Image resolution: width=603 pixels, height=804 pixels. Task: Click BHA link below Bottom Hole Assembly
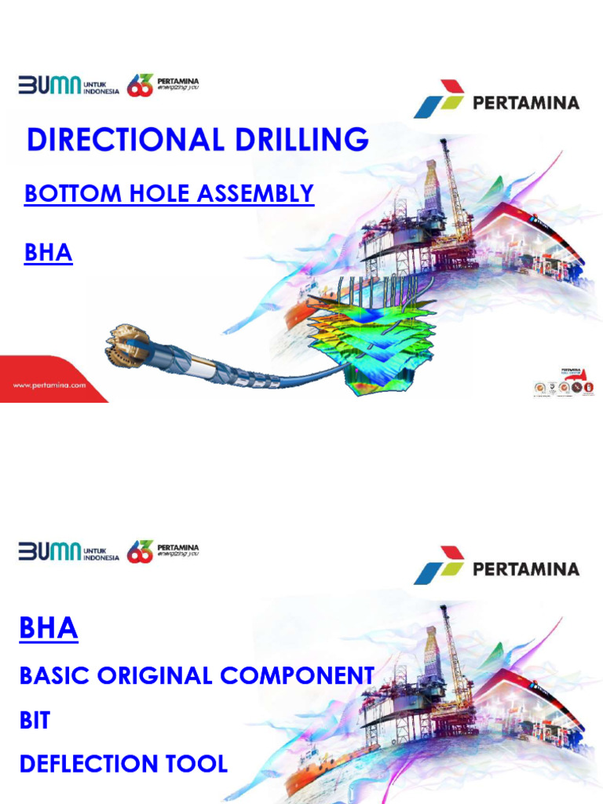49,254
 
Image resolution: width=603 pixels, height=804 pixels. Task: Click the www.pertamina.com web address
49,386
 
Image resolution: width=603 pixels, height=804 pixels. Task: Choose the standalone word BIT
35,719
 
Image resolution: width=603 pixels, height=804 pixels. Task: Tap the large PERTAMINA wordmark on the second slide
526,568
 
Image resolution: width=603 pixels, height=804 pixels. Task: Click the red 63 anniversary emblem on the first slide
139,85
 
